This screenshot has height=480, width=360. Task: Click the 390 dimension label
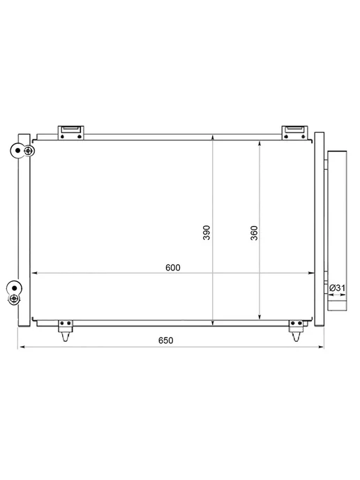[207, 232]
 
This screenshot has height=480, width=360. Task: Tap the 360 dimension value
[254, 233]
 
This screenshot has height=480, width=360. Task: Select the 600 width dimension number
[173, 267]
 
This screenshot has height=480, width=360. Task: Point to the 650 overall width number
[166, 340]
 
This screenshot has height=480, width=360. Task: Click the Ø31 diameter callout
[337, 288]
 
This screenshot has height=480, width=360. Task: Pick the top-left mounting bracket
[71, 133]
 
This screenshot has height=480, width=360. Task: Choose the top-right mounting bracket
[295, 133]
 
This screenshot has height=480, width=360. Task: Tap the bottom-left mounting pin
[66, 331]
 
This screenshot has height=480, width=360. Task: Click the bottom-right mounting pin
[297, 331]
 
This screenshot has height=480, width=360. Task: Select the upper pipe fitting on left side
[22, 151]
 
